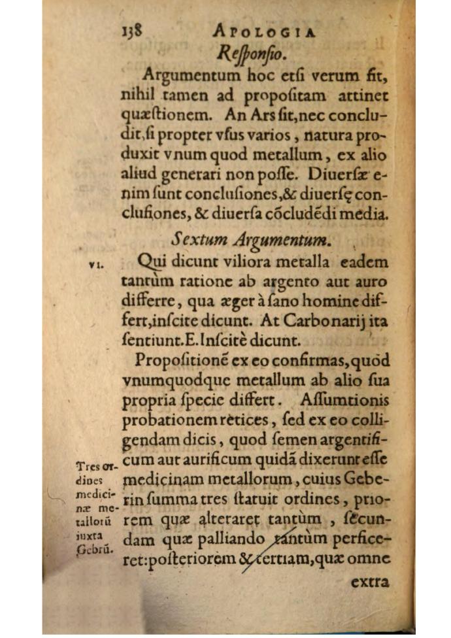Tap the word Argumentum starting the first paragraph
[186, 74]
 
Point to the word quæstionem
[157, 115]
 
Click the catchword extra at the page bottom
[369, 582]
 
